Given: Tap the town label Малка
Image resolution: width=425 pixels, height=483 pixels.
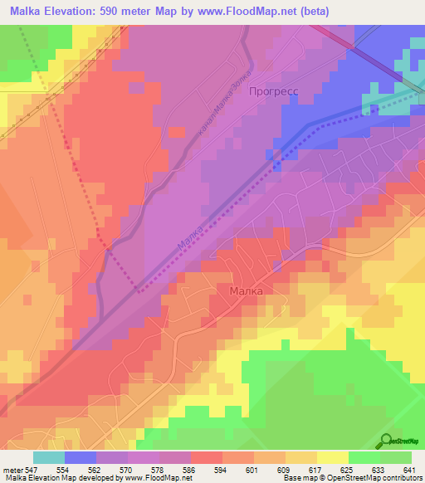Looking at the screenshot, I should click(x=246, y=291).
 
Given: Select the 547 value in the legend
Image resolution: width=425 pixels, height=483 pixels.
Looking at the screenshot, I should click(x=29, y=470).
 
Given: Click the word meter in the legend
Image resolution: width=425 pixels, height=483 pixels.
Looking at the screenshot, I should click(x=11, y=470).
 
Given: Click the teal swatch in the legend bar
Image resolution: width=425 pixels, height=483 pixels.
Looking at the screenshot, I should click(x=49, y=457).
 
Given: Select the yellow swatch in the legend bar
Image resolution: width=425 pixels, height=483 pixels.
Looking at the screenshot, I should click(x=332, y=457).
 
